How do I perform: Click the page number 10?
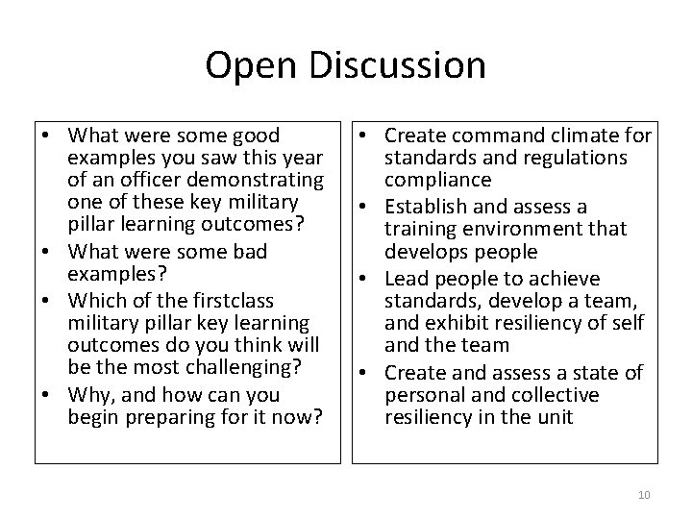point(643,495)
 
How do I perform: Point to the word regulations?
point(575,158)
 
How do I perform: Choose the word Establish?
point(427,206)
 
